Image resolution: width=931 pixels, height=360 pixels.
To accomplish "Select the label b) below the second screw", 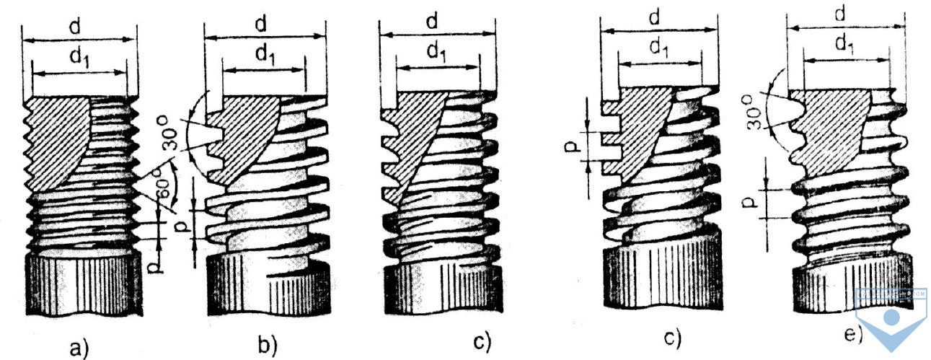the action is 268,345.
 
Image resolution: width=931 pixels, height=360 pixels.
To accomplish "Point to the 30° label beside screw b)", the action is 170,133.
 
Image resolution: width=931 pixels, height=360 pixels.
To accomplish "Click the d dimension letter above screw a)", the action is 75,27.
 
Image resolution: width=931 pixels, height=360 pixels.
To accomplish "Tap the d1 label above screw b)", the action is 265,55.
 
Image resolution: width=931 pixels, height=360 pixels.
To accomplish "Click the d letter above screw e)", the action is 840,15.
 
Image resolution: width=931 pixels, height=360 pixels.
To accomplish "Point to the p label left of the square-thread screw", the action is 572,148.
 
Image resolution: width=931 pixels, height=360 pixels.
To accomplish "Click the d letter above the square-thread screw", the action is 655,18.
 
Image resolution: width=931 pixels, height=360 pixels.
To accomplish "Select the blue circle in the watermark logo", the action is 891,317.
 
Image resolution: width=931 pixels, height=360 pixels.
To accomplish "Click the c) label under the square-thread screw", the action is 672,339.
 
